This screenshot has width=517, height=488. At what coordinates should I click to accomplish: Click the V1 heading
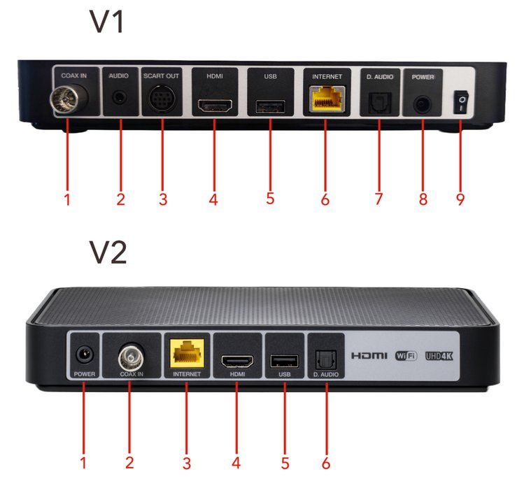(107, 23)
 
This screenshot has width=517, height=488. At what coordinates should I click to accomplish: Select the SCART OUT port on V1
(162, 102)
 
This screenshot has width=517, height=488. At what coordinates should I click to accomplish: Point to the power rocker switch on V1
(461, 103)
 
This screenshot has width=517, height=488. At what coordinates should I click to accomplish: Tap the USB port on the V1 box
(269, 106)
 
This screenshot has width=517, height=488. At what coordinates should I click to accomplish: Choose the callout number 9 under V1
(460, 199)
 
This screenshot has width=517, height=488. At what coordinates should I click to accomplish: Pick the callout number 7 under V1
(378, 199)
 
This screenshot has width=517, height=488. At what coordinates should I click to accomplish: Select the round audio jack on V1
(120, 98)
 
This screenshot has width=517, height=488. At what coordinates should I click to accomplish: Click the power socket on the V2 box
(83, 354)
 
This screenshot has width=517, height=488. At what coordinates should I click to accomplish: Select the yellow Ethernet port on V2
(187, 357)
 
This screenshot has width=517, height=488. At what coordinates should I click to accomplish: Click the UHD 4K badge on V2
(439, 356)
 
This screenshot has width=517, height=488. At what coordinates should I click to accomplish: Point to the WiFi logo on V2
(406, 356)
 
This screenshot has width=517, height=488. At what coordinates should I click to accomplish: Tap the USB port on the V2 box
(284, 361)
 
